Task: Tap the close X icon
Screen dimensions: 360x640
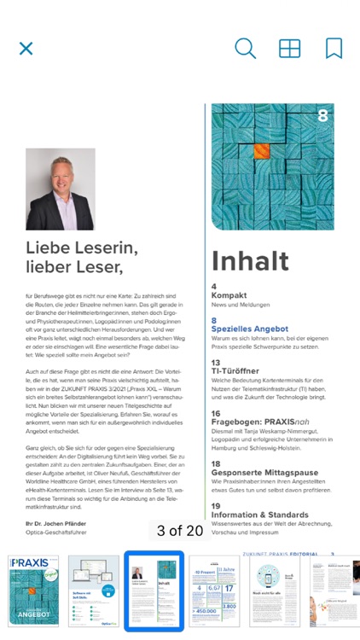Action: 26,49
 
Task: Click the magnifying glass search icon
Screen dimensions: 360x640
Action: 245,49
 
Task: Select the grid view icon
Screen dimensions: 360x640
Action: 290,49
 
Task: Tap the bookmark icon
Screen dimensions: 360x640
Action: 334,49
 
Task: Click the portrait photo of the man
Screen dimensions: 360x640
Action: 61,189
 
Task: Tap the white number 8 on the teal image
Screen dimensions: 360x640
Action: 322,115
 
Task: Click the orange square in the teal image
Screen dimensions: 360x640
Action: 263,151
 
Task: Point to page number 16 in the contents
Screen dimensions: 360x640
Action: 216,413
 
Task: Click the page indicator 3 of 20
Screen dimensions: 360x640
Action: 179,531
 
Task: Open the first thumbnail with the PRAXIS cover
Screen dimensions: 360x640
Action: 34,591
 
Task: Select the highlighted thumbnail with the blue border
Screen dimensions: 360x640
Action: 154,591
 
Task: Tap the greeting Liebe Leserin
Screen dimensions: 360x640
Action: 82,247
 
